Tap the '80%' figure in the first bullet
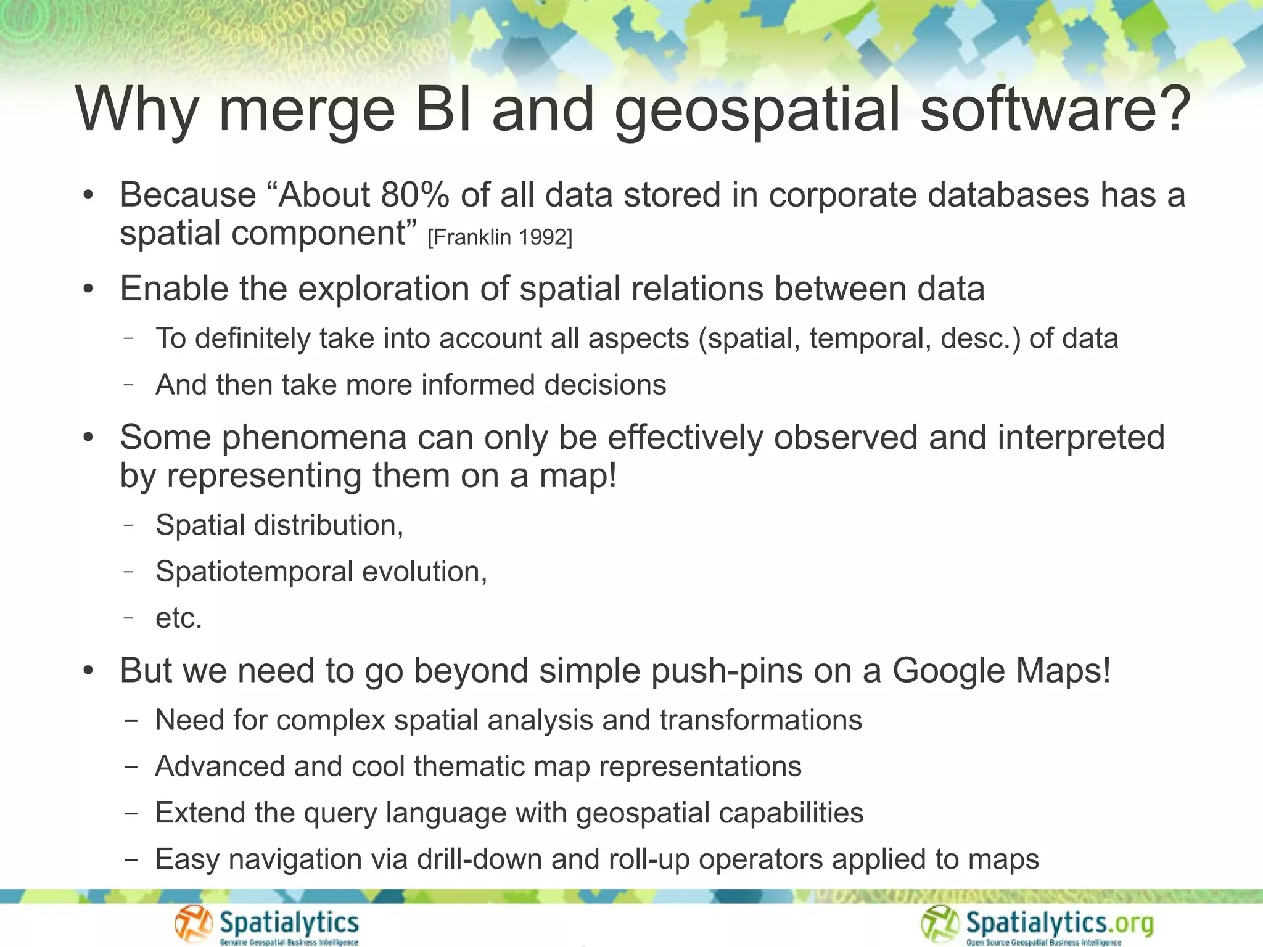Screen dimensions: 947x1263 [415, 195]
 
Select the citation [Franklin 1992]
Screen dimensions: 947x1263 [500, 237]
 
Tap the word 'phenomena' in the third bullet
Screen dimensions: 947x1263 [314, 438]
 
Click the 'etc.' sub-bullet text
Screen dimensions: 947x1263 [179, 618]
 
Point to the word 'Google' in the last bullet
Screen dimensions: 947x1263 [948, 671]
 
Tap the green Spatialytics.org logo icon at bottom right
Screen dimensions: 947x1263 [940, 924]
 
